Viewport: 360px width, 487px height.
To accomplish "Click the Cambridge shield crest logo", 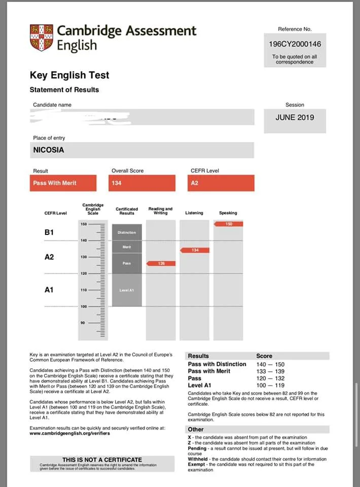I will pyautogui.click(x=41, y=38).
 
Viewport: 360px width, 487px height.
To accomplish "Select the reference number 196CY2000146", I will pyautogui.click(x=295, y=44).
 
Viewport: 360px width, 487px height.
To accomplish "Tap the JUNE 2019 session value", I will pyautogui.click(x=295, y=117).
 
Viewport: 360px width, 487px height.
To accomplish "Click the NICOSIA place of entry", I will pyautogui.click(x=49, y=150).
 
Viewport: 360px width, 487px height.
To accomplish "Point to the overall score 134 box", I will pyautogui.click(x=143, y=183).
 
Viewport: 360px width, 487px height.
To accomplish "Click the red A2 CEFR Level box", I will pyautogui.click(x=221, y=183).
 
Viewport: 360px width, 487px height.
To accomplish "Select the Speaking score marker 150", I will pyautogui.click(x=229, y=224).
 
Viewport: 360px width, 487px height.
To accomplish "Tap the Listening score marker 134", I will pyautogui.click(x=195, y=250).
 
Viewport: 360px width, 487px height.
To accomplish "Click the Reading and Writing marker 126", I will pyautogui.click(x=161, y=263).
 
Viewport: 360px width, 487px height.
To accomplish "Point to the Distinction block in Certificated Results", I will pyautogui.click(x=127, y=232).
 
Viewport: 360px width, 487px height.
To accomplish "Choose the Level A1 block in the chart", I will pyautogui.click(x=127, y=290).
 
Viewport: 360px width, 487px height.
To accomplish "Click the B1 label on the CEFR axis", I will pyautogui.click(x=49, y=232).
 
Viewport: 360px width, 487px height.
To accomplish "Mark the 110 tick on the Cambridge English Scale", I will pyautogui.click(x=84, y=290).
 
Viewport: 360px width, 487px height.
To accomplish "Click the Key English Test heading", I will pyautogui.click(x=69, y=75).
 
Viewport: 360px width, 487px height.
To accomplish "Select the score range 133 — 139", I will pyautogui.click(x=270, y=371).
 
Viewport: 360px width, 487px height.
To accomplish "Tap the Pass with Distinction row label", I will pyautogui.click(x=217, y=364).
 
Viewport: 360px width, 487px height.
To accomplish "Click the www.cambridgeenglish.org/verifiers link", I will pyautogui.click(x=69, y=433).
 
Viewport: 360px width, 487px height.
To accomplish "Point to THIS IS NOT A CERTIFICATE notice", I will pyautogui.click(x=102, y=460).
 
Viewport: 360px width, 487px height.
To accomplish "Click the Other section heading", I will pyautogui.click(x=196, y=429).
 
